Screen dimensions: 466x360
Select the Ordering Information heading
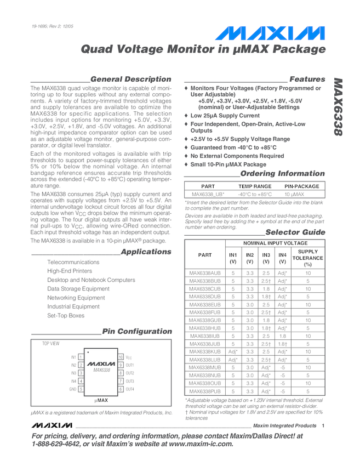tap(283, 174)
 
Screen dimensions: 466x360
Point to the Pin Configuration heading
tap(137, 332)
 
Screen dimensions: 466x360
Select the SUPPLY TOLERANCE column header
tap(307, 258)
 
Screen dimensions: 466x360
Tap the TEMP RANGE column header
tap(254, 186)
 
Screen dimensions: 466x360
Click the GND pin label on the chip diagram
tap(72, 389)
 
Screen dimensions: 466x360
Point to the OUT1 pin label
tap(130, 365)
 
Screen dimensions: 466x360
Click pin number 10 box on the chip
tap(120, 357)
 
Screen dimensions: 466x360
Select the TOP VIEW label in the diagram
tap(51, 344)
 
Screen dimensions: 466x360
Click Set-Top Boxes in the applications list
tap(66, 316)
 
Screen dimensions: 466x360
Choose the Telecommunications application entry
tap(73, 263)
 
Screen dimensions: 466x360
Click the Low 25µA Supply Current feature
tap(225, 116)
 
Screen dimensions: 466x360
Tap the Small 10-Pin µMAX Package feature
tap(228, 164)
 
